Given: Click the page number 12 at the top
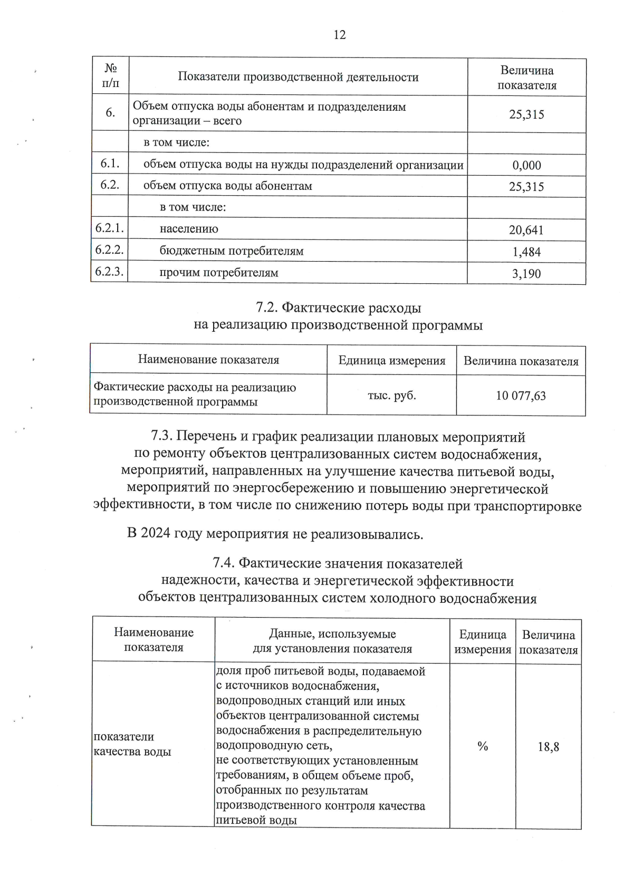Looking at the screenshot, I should coord(340,35).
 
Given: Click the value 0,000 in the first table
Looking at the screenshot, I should coord(526,166).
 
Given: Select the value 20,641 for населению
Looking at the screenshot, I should coord(526,230).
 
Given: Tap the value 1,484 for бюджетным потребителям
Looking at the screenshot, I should coord(526,252).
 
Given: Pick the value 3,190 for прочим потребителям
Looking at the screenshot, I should coord(526,274).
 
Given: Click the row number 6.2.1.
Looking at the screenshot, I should coord(109,228).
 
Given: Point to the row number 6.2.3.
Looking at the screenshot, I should coord(109,272).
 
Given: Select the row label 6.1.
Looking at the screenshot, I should coord(110,163).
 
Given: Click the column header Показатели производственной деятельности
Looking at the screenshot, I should coord(298,77).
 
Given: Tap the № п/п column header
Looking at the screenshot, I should coord(110,76).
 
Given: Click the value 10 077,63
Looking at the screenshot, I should coord(521,396).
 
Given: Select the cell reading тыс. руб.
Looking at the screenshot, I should coord(391,395).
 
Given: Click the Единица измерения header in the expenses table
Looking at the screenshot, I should coord(391,361).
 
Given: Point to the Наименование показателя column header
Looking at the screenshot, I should coord(208,360).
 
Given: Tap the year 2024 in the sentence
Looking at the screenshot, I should coord(156,533).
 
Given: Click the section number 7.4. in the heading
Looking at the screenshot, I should coord(224,563).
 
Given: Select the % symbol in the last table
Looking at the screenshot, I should coord(482,746).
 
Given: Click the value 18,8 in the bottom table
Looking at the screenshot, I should coord(548,747).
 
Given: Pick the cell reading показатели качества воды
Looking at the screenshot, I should coord(132,744).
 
